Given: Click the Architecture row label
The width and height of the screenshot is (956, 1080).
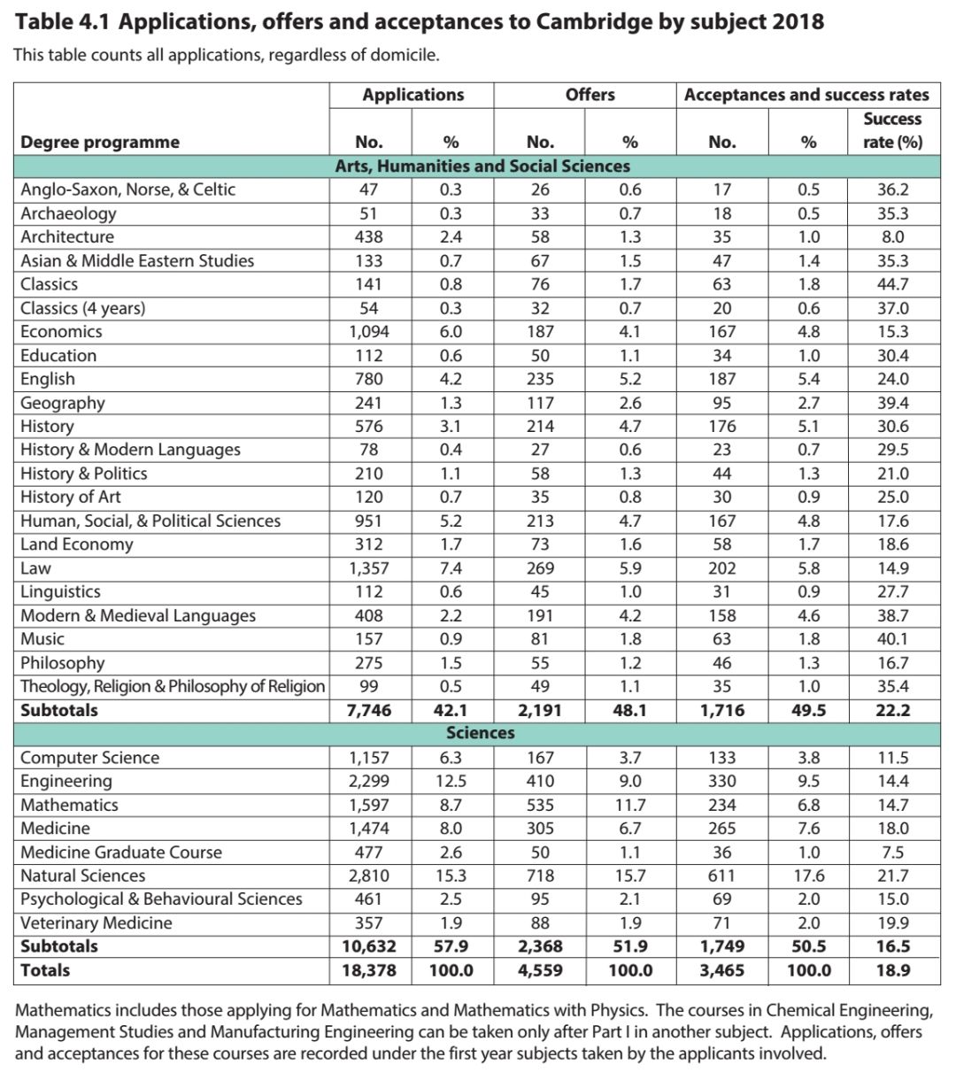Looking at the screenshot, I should (x=67, y=237).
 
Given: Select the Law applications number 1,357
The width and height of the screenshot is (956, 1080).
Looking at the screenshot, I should (x=369, y=568).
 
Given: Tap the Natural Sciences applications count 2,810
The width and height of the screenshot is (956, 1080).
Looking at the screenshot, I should (x=369, y=876).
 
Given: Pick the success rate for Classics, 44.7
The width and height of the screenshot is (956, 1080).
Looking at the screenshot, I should (x=893, y=284).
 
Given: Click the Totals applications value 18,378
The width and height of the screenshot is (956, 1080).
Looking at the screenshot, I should (x=369, y=970).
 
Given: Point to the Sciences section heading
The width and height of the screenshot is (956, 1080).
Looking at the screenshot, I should (x=481, y=733).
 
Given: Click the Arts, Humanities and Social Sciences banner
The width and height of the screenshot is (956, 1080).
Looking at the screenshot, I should (x=482, y=166).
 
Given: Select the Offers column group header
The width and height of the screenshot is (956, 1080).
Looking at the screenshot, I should (x=590, y=95).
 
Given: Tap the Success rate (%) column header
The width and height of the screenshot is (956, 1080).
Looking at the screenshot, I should (x=893, y=130).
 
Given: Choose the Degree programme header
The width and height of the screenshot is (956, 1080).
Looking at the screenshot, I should (x=100, y=143).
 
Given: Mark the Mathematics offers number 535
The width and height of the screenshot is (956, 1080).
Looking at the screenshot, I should (x=540, y=805).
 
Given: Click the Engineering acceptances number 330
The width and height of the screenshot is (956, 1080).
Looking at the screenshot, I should (x=721, y=781).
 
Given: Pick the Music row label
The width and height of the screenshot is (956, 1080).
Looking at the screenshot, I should (x=42, y=639).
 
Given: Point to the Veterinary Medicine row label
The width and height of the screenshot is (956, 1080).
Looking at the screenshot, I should (x=96, y=922).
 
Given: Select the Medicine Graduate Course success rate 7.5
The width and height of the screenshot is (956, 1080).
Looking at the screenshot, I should (x=893, y=852).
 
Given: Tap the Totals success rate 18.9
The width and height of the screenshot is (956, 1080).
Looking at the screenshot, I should (x=893, y=970).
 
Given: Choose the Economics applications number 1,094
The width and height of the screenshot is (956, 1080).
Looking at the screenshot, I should (x=369, y=332).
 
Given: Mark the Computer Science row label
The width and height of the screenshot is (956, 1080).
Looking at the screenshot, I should (x=90, y=758).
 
